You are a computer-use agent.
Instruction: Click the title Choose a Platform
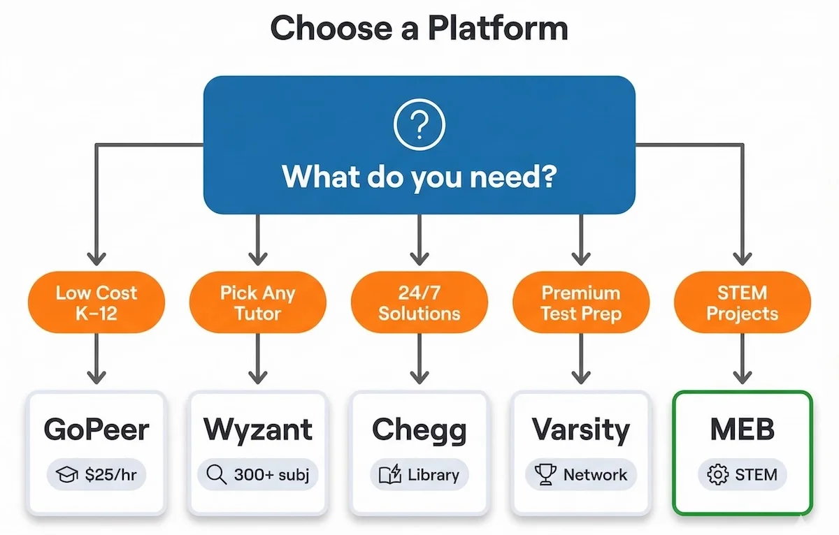pyautogui.click(x=419, y=29)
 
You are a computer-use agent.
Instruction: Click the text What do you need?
pyautogui.click(x=419, y=177)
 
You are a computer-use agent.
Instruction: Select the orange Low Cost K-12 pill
pyautogui.click(x=96, y=302)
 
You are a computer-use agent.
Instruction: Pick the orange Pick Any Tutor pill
pyautogui.click(x=258, y=302)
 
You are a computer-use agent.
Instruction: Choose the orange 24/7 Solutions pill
pyautogui.click(x=419, y=302)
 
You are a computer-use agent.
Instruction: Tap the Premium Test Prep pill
pyautogui.click(x=580, y=302)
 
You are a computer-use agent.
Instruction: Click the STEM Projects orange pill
pyautogui.click(x=742, y=302)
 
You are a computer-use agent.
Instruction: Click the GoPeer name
pyautogui.click(x=96, y=430)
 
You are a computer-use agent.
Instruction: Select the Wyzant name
pyautogui.click(x=258, y=430)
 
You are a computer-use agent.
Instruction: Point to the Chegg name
pyautogui.click(x=419, y=430)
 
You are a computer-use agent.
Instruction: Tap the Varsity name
pyautogui.click(x=580, y=430)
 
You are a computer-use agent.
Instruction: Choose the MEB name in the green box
pyautogui.click(x=742, y=430)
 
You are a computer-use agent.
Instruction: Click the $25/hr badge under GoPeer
pyautogui.click(x=96, y=475)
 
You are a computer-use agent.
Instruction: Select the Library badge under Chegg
pyautogui.click(x=419, y=475)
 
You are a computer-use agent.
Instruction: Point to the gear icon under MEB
pyautogui.click(x=717, y=475)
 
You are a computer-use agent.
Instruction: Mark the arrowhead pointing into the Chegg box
pyautogui.click(x=419, y=376)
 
